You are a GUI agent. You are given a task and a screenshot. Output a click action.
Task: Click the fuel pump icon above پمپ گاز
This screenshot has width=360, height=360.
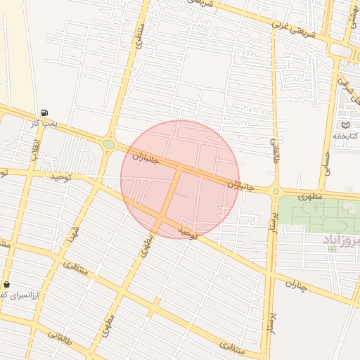pos(45,112)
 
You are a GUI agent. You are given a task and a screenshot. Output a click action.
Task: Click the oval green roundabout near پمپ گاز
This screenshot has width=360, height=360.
pos(109,145)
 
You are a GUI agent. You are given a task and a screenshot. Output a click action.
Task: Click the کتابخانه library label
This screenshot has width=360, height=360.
pos(345,135)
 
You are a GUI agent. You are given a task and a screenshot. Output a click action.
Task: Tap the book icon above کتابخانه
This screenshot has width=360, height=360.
pos(345,124)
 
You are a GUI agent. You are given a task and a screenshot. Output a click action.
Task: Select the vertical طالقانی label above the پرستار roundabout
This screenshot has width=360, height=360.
pos(274,149)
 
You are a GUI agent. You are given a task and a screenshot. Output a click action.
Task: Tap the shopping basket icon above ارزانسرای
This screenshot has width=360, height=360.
pos(7,284)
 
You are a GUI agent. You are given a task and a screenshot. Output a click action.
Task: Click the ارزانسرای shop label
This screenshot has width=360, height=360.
pos(12,295)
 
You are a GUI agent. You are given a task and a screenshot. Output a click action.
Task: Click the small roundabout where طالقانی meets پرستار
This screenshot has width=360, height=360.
pos(276,191)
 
